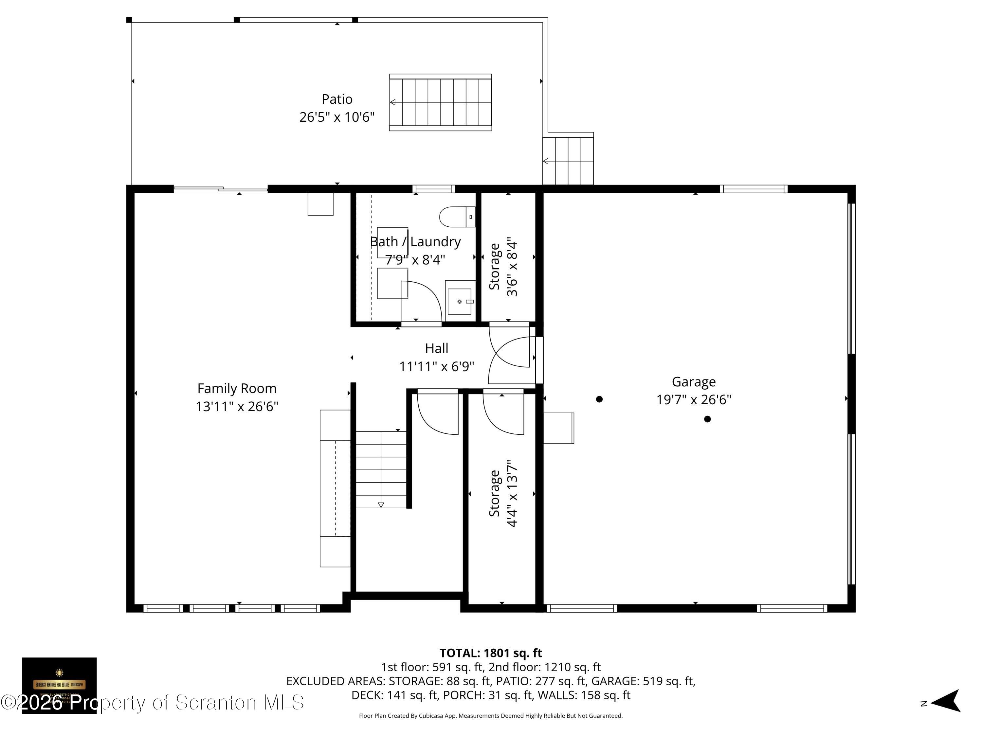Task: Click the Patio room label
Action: point(336,99)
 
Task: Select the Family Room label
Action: point(237,389)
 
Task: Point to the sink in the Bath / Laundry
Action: point(460,301)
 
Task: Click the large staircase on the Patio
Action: point(440,102)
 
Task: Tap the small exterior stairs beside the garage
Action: point(568,161)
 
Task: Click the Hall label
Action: point(436,348)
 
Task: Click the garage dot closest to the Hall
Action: point(599,399)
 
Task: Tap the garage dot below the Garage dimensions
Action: point(707,419)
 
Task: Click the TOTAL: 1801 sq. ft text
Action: point(491,653)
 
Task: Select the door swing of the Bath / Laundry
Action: point(422,301)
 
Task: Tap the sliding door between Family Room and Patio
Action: point(220,189)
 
